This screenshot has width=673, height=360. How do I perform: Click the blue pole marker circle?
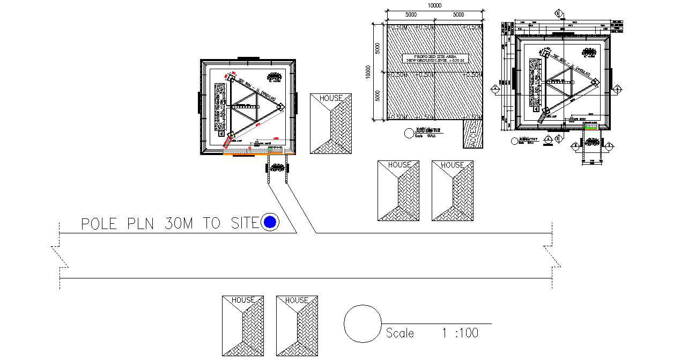coord(270,222)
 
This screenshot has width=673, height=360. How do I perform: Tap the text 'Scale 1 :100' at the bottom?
coord(432,333)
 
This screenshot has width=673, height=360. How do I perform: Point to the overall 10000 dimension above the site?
coord(434,5)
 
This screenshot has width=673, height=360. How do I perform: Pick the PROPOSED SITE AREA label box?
coord(435,58)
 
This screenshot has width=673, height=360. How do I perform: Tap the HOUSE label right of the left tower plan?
coord(330,98)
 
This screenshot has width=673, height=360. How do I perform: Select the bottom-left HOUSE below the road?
coord(243,325)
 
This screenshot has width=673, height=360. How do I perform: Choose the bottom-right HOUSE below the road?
coord(297,325)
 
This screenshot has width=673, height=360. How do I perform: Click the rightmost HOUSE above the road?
coord(452,190)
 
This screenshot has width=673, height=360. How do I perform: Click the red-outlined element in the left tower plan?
coord(228,142)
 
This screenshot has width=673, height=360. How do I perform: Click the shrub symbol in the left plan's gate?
coord(277,167)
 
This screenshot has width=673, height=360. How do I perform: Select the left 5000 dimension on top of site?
coord(411,15)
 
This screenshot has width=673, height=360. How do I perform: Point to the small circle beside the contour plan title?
coord(408,132)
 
